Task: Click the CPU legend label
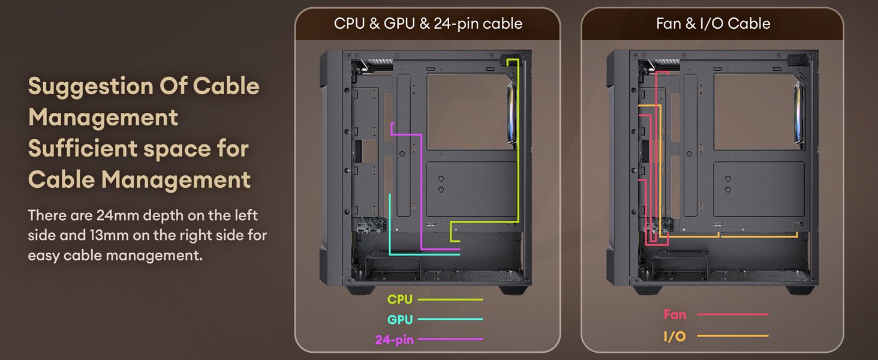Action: click(400, 299)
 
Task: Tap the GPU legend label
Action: click(400, 319)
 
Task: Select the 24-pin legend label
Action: click(394, 340)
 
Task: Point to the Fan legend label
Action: click(675, 314)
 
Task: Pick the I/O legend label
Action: click(675, 336)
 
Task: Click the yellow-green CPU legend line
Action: click(450, 299)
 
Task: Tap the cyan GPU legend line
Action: click(450, 319)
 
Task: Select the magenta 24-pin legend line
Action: click(450, 340)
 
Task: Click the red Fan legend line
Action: click(732, 314)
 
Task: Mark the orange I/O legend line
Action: click(732, 336)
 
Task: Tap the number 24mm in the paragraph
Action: click(116, 215)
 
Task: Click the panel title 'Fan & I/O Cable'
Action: click(713, 24)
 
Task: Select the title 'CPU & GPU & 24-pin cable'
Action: click(428, 24)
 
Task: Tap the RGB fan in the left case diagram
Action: click(512, 114)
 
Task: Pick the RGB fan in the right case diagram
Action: click(799, 114)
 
